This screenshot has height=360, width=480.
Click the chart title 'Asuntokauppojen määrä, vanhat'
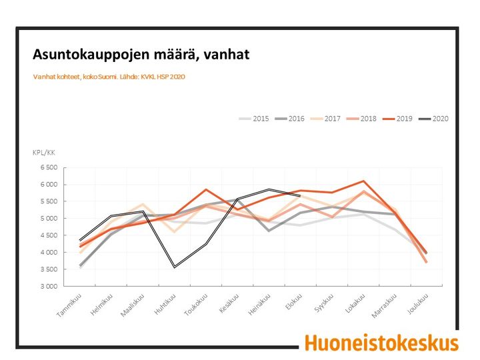pyautogui.click(x=141, y=55)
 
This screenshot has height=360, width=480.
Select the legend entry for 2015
pyautogui.click(x=254, y=119)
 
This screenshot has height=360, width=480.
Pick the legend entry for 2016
pyautogui.click(x=289, y=119)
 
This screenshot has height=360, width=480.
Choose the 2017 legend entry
pyautogui.click(x=325, y=119)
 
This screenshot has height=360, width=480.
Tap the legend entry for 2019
pyautogui.click(x=397, y=119)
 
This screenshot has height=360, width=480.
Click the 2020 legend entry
pyautogui.click(x=433, y=119)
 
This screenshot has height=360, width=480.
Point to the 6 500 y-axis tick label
pyautogui.click(x=49, y=167)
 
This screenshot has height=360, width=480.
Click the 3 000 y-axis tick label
pyautogui.click(x=49, y=286)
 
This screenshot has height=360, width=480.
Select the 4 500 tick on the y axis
pyautogui.click(x=49, y=235)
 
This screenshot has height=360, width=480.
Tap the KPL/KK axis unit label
pyautogui.click(x=44, y=153)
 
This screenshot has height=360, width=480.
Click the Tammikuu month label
pyautogui.click(x=70, y=305)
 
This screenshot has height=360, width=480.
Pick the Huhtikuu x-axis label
pyautogui.click(x=165, y=304)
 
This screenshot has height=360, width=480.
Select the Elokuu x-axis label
pyautogui.click(x=294, y=301)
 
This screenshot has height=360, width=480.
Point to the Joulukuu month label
pyautogui.click(x=418, y=303)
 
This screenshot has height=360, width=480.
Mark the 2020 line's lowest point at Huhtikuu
pyautogui.click(x=175, y=267)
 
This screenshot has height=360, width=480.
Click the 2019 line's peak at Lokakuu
pyautogui.click(x=363, y=181)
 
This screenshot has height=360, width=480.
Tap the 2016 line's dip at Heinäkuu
pyautogui.click(x=269, y=231)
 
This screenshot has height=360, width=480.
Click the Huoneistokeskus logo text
pyautogui.click(x=382, y=343)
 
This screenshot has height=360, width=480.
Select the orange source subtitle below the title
pyautogui.click(x=109, y=77)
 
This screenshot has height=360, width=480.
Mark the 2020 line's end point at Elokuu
pyautogui.click(x=300, y=195)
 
